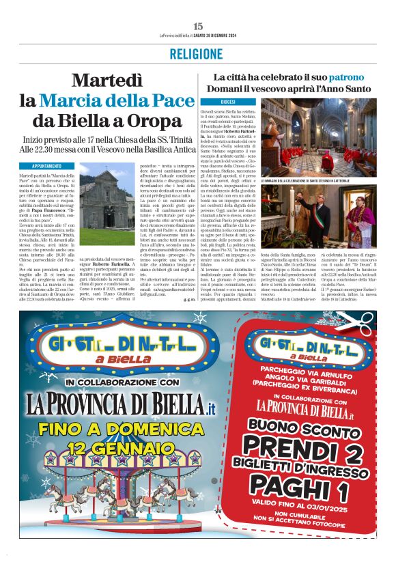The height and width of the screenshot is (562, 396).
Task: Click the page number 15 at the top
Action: coord(198,26)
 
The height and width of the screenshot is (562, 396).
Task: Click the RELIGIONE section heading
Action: coord(198,54)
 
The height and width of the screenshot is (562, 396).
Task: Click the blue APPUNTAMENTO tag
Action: coord(46,166)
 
